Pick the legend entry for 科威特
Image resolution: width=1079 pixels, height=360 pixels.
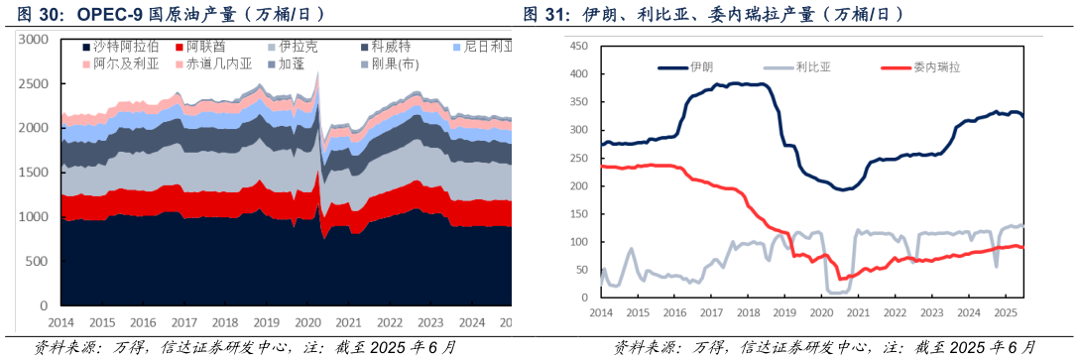tap(383, 47)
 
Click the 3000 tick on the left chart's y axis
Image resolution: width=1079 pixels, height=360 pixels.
tap(34, 40)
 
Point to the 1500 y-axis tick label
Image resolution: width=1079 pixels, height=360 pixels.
tap(34, 173)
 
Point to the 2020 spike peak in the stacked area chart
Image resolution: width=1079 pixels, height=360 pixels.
tap(317, 72)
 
